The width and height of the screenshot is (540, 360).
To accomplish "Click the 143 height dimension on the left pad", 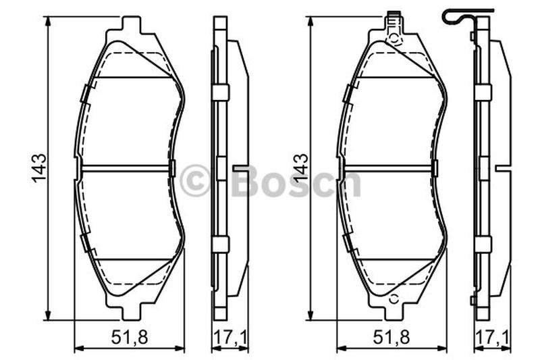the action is (39, 168).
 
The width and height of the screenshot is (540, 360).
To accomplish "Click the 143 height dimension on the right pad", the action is (300, 168).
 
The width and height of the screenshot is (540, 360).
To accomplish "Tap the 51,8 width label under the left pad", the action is (130, 337).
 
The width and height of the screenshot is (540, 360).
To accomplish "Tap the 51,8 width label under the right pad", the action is (391, 337).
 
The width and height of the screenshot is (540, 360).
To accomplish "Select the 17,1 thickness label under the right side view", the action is (493, 337).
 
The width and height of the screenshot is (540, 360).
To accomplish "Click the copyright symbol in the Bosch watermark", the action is (195, 180).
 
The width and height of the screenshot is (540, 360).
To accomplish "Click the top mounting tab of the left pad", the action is (132, 25).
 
